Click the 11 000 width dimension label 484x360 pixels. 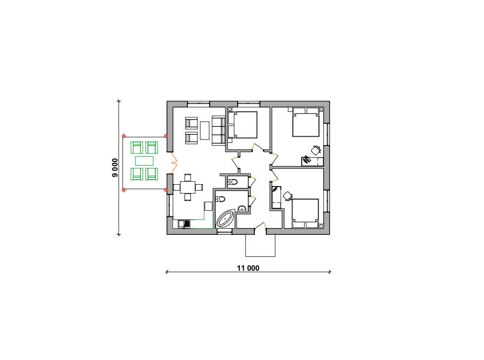pyautogui.click(x=248, y=268)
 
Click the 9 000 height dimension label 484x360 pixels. pyautogui.click(x=115, y=167)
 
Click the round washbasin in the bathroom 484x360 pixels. pyautogui.click(x=242, y=208)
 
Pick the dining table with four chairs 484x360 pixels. pyautogui.click(x=188, y=187)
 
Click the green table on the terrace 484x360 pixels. pyautogui.click(x=145, y=161)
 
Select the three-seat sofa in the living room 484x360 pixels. pyautogui.click(x=219, y=130)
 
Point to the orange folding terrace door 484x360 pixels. pyautogui.click(x=174, y=162)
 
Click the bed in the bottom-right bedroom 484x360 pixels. pyautogui.click(x=305, y=213)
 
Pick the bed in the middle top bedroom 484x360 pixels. pyautogui.click(x=242, y=125)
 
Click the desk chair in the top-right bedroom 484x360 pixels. pyautogui.click(x=316, y=150)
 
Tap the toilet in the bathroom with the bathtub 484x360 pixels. pyautogui.click(x=220, y=199)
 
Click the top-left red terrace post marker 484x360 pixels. pyautogui.click(x=124, y=136)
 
